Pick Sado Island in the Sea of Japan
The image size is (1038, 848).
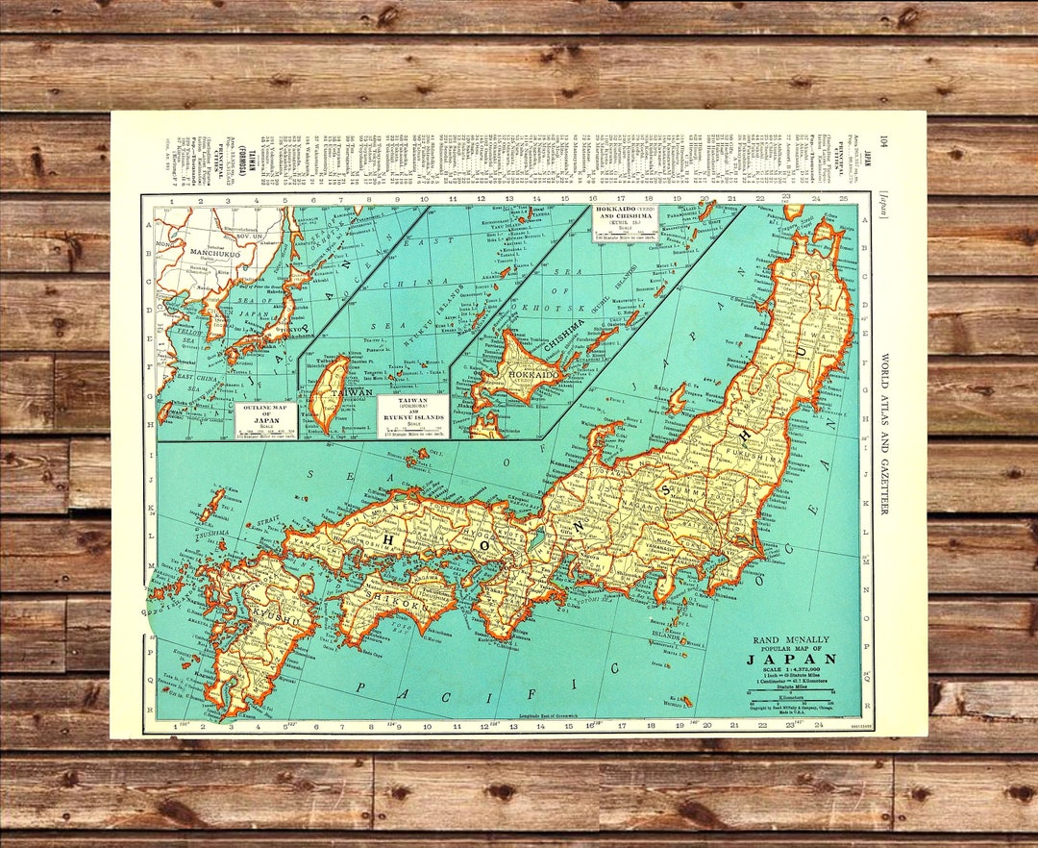tap(676, 397)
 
